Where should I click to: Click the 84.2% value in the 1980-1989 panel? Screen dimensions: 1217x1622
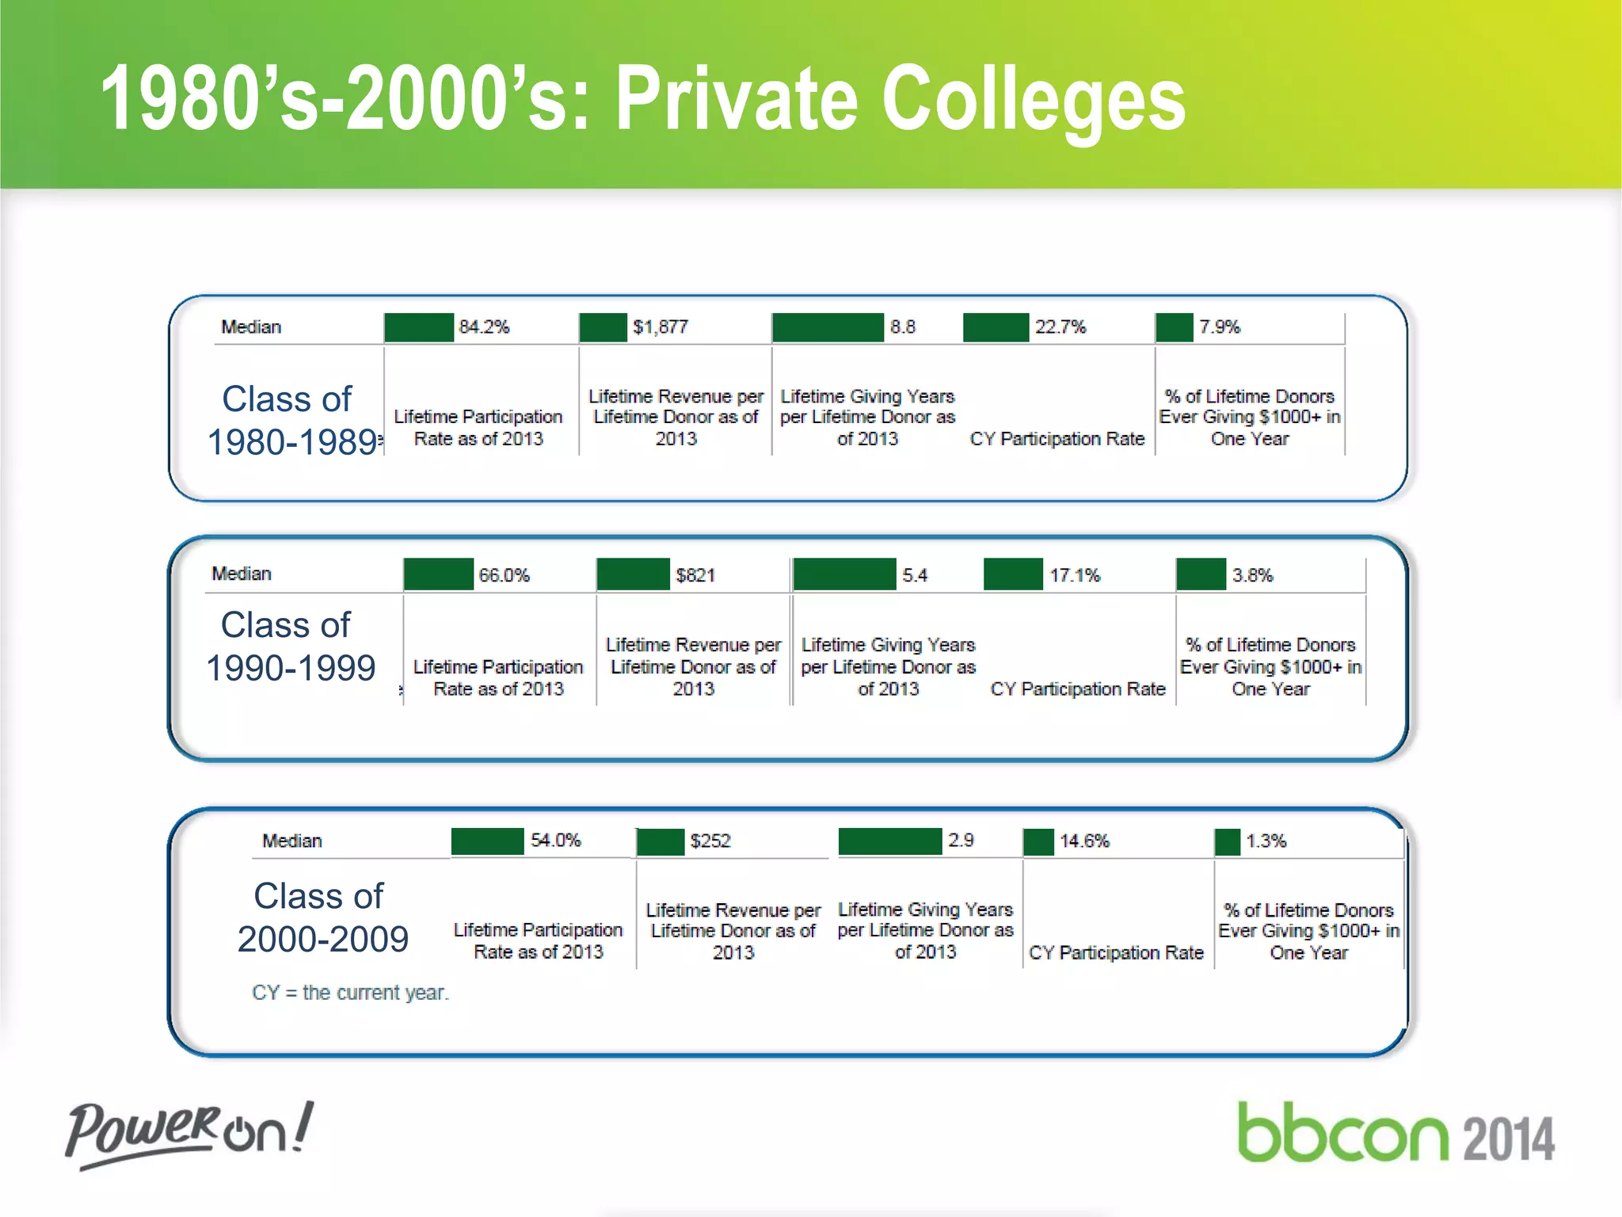[x=484, y=327]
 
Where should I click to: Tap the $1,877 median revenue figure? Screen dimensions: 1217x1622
[x=661, y=327]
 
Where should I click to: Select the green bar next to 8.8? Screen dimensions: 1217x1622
[x=828, y=327]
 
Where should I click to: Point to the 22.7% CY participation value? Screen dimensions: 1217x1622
[x=1060, y=327]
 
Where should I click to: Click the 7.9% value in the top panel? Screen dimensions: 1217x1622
[x=1219, y=327]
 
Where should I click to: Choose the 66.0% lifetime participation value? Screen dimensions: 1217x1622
[x=504, y=575]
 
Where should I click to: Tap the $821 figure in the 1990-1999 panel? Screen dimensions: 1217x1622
[x=695, y=575]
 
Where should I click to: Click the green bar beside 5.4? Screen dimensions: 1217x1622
[x=844, y=574]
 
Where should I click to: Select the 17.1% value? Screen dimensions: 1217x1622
[x=1075, y=575]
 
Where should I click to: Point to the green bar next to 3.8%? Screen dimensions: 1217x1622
[x=1201, y=574]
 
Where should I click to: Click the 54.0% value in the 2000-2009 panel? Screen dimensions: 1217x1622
[x=555, y=841]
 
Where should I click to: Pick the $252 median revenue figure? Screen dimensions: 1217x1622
[x=710, y=841]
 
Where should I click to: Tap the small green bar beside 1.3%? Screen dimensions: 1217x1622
[x=1227, y=841]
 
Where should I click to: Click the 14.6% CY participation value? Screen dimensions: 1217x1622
[x=1084, y=841]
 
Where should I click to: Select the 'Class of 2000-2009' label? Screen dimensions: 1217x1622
[x=322, y=918]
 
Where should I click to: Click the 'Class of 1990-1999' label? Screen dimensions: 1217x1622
[x=290, y=647]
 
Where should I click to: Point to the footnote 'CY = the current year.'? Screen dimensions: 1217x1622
[x=350, y=993]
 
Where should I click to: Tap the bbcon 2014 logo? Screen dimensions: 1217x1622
[x=1395, y=1135]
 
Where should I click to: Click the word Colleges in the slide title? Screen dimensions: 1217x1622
[x=1033, y=98]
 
